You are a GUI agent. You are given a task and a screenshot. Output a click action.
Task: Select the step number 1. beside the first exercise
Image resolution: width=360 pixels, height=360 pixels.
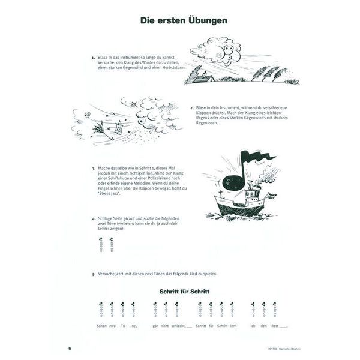point(94,58)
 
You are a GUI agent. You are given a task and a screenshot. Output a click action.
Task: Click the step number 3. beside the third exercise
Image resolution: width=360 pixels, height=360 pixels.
point(94,169)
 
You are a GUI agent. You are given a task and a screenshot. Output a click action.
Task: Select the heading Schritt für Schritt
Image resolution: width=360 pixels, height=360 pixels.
point(184,290)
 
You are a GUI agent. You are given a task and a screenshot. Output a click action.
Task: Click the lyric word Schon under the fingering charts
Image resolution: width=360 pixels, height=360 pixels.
point(101,326)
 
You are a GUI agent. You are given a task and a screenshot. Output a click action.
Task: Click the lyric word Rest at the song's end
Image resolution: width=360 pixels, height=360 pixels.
point(276,326)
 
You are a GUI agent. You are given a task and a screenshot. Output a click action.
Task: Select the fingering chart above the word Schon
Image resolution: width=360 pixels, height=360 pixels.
point(101,310)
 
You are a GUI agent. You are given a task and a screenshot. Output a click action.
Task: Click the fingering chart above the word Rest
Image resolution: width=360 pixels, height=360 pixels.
point(275,310)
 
